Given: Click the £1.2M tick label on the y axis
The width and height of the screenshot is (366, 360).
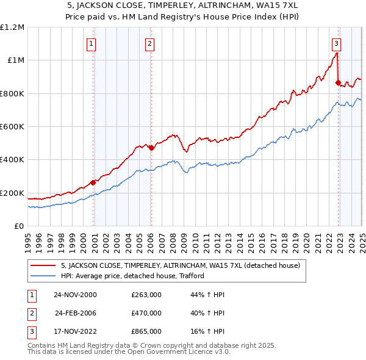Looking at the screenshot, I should (x=12, y=27).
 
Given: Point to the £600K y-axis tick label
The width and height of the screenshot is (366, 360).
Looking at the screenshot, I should (x=12, y=127).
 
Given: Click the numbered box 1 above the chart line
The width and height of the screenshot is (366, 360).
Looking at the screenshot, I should (x=91, y=43).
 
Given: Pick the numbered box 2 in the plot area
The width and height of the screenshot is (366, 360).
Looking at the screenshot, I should (x=149, y=43).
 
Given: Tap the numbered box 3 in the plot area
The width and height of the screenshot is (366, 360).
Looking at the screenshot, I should (x=336, y=43).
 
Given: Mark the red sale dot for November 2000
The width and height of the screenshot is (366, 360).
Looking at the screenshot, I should (x=93, y=182).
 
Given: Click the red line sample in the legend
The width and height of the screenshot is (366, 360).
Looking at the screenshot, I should (x=44, y=266).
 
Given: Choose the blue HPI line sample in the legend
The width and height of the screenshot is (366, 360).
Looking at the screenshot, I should (x=44, y=276).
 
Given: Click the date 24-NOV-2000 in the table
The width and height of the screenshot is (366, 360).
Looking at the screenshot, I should (x=75, y=295).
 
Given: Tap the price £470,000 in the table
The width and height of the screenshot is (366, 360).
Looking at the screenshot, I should (x=146, y=313).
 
